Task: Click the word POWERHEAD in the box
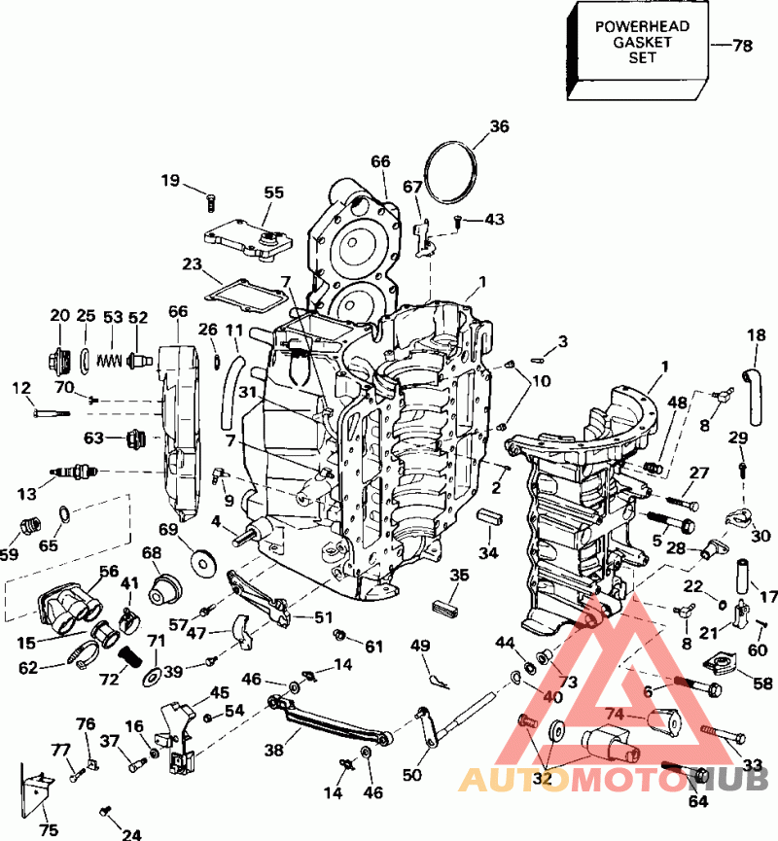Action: pos(642,26)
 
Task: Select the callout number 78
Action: pos(743,46)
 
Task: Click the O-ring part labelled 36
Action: pos(450,172)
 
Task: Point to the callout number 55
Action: pos(274,193)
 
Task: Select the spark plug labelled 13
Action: pos(74,472)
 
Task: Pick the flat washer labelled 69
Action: pos(203,563)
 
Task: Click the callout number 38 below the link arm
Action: pos(273,750)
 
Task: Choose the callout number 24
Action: pos(131,833)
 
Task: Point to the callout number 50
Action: pos(412,775)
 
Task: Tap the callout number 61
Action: pos(373,647)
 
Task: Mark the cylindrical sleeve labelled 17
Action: pos(744,576)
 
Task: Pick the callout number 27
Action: pos(699,473)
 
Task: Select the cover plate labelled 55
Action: pos(248,240)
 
